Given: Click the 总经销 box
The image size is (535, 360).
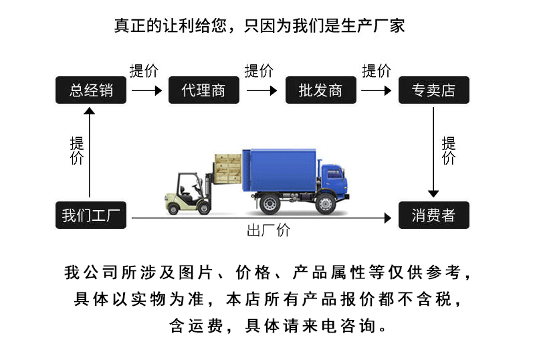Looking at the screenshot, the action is (91, 90).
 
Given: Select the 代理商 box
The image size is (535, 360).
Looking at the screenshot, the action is (204, 90).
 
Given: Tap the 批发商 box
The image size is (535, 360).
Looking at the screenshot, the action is (321, 90).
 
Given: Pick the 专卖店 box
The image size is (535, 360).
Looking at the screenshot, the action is (433, 90).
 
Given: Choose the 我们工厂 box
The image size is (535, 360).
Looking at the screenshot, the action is (91, 215).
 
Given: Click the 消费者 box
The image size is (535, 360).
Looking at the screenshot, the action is (433, 215).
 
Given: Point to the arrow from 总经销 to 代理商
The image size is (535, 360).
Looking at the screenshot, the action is (146, 90).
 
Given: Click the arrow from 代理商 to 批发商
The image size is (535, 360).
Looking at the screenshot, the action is (261, 90).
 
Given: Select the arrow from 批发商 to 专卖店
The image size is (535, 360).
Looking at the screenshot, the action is (376, 90).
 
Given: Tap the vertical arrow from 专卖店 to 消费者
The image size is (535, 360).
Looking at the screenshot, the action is (433, 153).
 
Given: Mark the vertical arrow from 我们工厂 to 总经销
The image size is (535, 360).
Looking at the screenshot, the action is (90, 153).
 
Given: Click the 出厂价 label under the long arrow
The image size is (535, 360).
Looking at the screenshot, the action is (269, 230).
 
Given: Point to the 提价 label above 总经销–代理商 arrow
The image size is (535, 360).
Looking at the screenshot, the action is (144, 71).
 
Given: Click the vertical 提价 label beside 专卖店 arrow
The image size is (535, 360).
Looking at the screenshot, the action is (449, 151).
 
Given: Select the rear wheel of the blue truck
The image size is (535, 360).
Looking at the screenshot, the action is (270, 204).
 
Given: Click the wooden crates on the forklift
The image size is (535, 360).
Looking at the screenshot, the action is (228, 169).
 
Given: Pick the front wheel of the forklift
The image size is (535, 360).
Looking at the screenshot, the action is (205, 207).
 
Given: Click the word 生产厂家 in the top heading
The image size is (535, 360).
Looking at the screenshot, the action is (372, 25).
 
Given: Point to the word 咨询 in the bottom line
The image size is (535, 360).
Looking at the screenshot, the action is (358, 325).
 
